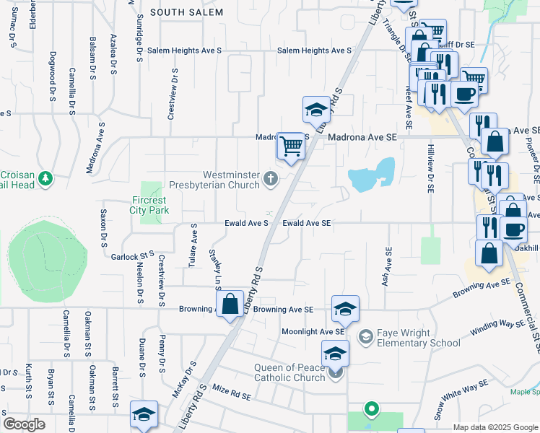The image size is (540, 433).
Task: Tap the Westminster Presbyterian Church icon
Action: (271, 178)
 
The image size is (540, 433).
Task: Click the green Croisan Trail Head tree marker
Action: (45, 178)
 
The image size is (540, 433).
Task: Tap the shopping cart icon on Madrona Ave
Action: (291, 146)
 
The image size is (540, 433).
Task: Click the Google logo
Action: (24, 424)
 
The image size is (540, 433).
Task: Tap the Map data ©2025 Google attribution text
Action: (495, 427)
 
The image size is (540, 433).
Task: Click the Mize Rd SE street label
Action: (231, 394)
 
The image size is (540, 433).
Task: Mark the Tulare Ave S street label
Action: (193, 245)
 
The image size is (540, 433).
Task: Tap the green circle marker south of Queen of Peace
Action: (372, 410)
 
